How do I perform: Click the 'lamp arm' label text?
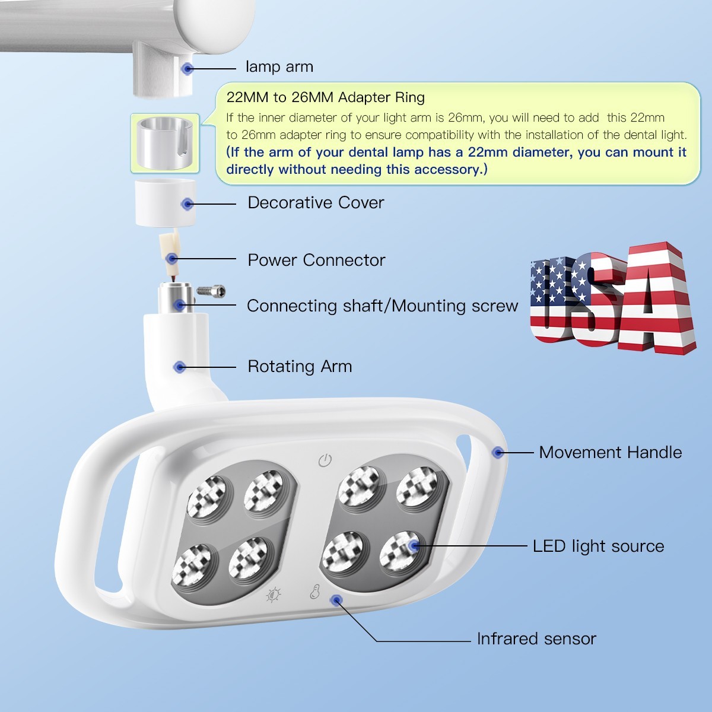click(x=279, y=67)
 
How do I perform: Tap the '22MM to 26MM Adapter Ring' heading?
click(x=325, y=97)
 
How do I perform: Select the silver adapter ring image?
click(x=164, y=143)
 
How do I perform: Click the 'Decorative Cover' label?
click(x=316, y=203)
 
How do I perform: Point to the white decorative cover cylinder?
click(x=166, y=203)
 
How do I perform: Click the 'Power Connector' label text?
click(x=316, y=260)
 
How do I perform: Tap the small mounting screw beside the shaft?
click(x=211, y=291)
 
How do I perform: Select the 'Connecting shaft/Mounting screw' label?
click(x=382, y=306)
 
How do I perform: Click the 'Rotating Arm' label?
click(x=300, y=367)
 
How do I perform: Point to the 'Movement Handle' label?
click(x=610, y=453)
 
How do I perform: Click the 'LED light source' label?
click(x=598, y=546)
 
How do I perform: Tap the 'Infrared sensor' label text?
click(x=536, y=639)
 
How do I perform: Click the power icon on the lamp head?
click(x=325, y=460)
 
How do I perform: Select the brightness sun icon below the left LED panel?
click(x=274, y=595)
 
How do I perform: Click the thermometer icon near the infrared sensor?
click(x=314, y=592)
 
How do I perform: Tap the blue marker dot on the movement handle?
click(x=498, y=453)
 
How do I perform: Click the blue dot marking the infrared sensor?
click(x=336, y=600)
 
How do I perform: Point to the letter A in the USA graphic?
click(x=656, y=303)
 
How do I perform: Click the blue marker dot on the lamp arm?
click(x=187, y=69)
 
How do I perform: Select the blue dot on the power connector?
click(x=172, y=259)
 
